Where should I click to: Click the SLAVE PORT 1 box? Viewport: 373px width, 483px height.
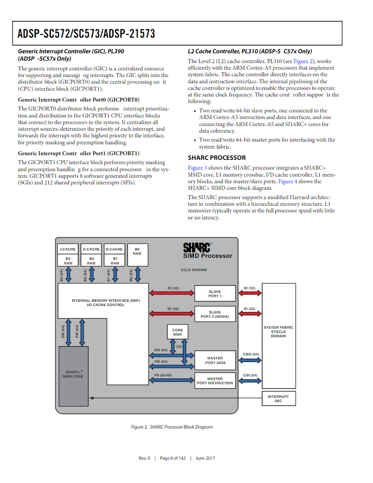point(215,293)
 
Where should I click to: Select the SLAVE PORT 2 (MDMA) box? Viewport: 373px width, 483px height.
point(215,314)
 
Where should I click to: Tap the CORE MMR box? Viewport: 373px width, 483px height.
point(177,332)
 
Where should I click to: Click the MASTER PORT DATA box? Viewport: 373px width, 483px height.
point(215,360)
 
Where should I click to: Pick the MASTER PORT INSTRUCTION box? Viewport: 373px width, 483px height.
point(215,381)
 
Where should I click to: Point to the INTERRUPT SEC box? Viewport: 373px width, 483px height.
point(279,399)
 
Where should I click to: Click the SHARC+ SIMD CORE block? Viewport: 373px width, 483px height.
point(73,376)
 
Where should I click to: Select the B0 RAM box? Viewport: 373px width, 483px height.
point(138,255)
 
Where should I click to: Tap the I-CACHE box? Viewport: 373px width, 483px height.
point(68,249)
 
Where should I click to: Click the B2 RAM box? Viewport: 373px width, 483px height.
point(91,261)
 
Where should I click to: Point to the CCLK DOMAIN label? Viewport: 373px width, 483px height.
point(194,270)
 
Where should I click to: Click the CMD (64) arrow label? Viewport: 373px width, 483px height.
point(251,354)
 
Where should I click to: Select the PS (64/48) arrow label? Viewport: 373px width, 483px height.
point(163,375)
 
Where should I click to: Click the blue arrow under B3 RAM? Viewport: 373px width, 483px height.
point(68,275)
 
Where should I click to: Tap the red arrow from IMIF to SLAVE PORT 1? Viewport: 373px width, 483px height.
point(172,293)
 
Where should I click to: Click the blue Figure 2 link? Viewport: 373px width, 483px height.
point(303,61)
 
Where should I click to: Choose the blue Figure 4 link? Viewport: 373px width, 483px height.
point(287,181)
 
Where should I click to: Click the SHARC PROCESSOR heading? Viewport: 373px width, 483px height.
point(217,157)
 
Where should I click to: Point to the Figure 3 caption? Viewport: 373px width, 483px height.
point(172,427)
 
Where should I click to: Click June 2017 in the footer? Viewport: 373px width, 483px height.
point(205,458)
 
